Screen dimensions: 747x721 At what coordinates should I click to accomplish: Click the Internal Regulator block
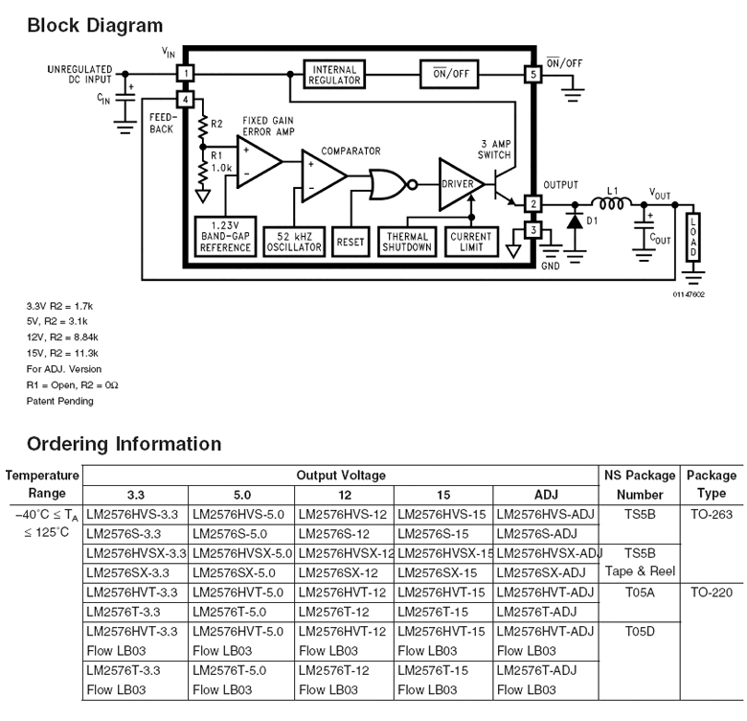click(334, 75)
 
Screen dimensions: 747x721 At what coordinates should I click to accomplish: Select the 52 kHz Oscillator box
click(294, 242)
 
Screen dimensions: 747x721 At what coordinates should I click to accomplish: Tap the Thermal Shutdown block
click(407, 242)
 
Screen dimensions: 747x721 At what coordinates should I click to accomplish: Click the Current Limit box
click(471, 242)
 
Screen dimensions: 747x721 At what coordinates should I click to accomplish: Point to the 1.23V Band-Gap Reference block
click(225, 237)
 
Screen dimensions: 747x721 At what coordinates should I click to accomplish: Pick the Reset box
click(351, 242)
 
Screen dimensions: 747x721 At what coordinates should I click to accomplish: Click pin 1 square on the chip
click(186, 74)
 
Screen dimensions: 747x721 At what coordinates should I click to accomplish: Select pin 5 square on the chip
click(533, 75)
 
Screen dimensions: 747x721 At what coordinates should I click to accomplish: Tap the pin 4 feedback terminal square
click(186, 99)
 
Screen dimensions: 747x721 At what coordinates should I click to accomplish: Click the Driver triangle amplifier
click(458, 184)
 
